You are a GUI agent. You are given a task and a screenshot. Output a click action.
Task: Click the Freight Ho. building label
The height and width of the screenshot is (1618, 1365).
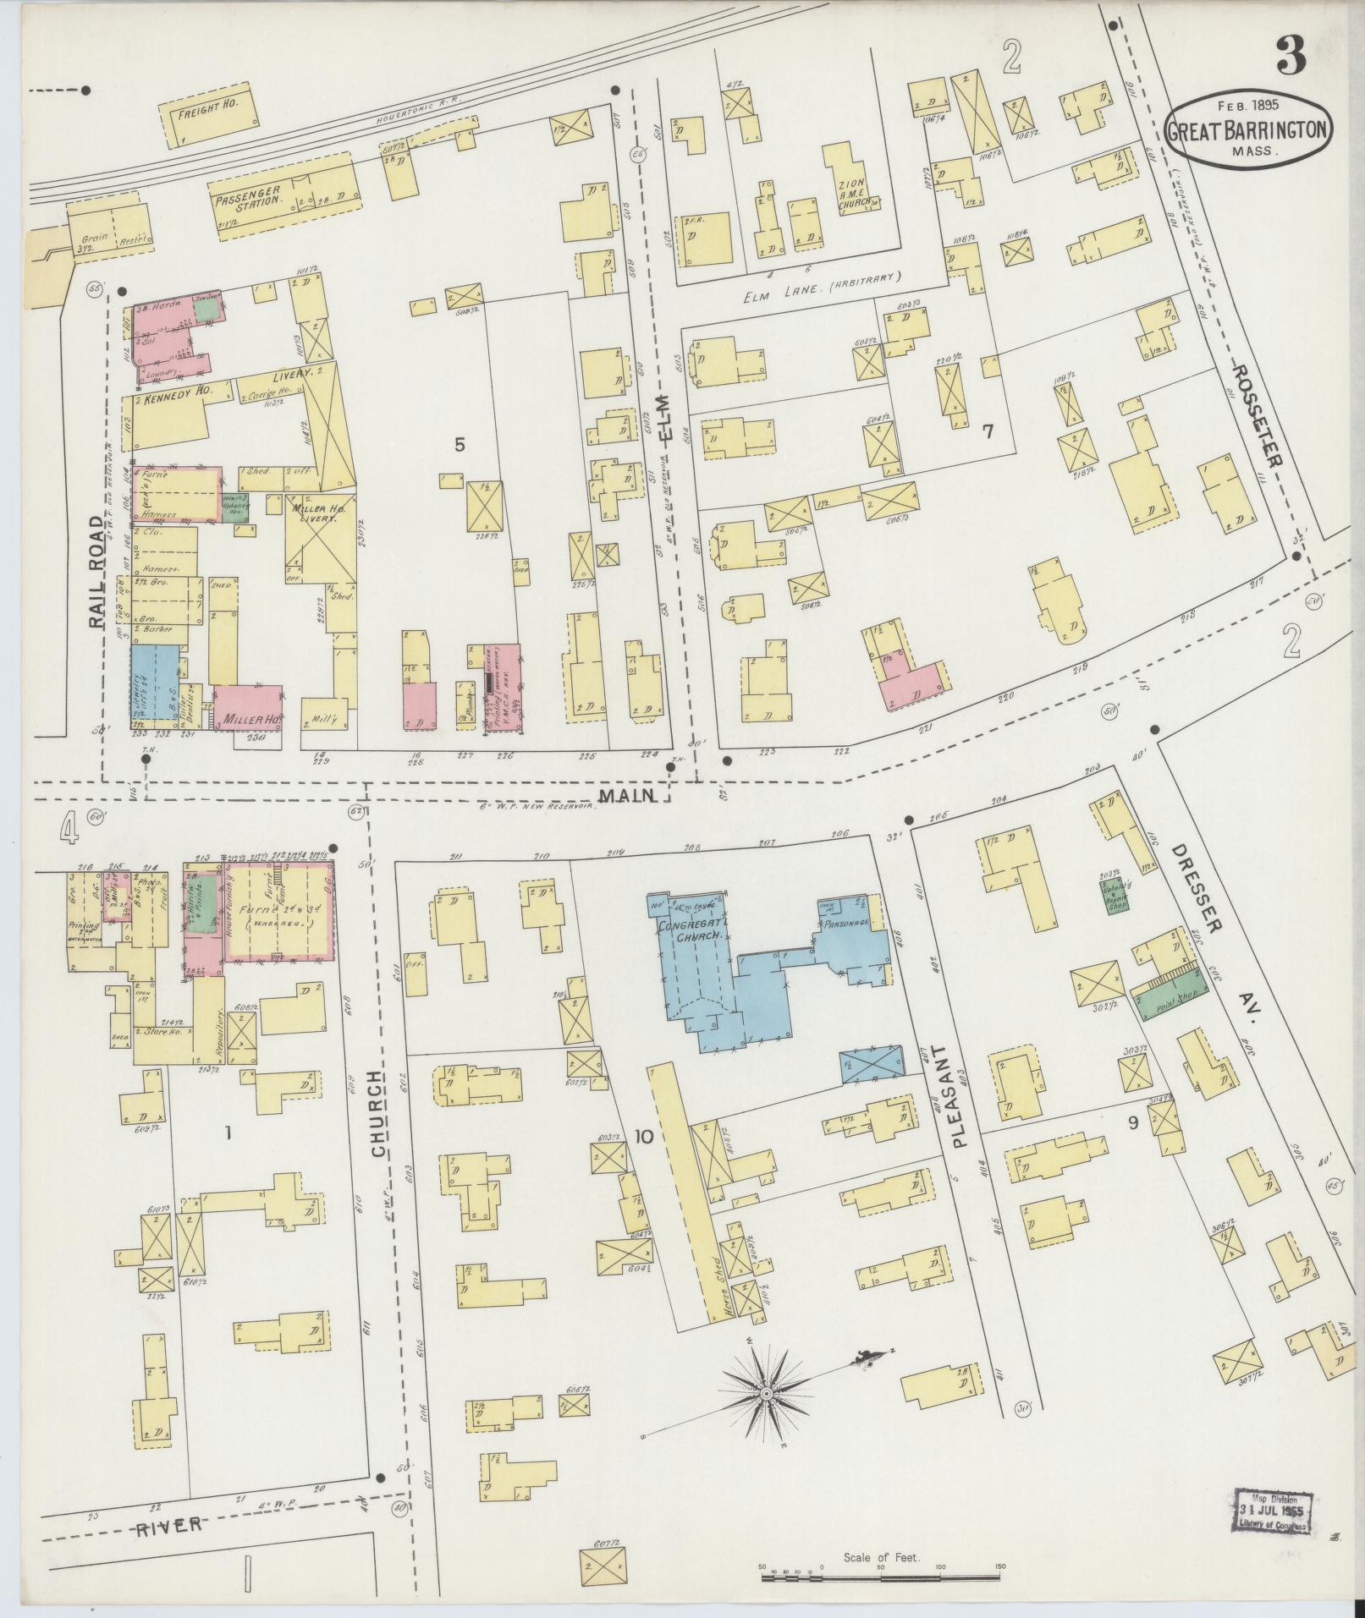[207, 111]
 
